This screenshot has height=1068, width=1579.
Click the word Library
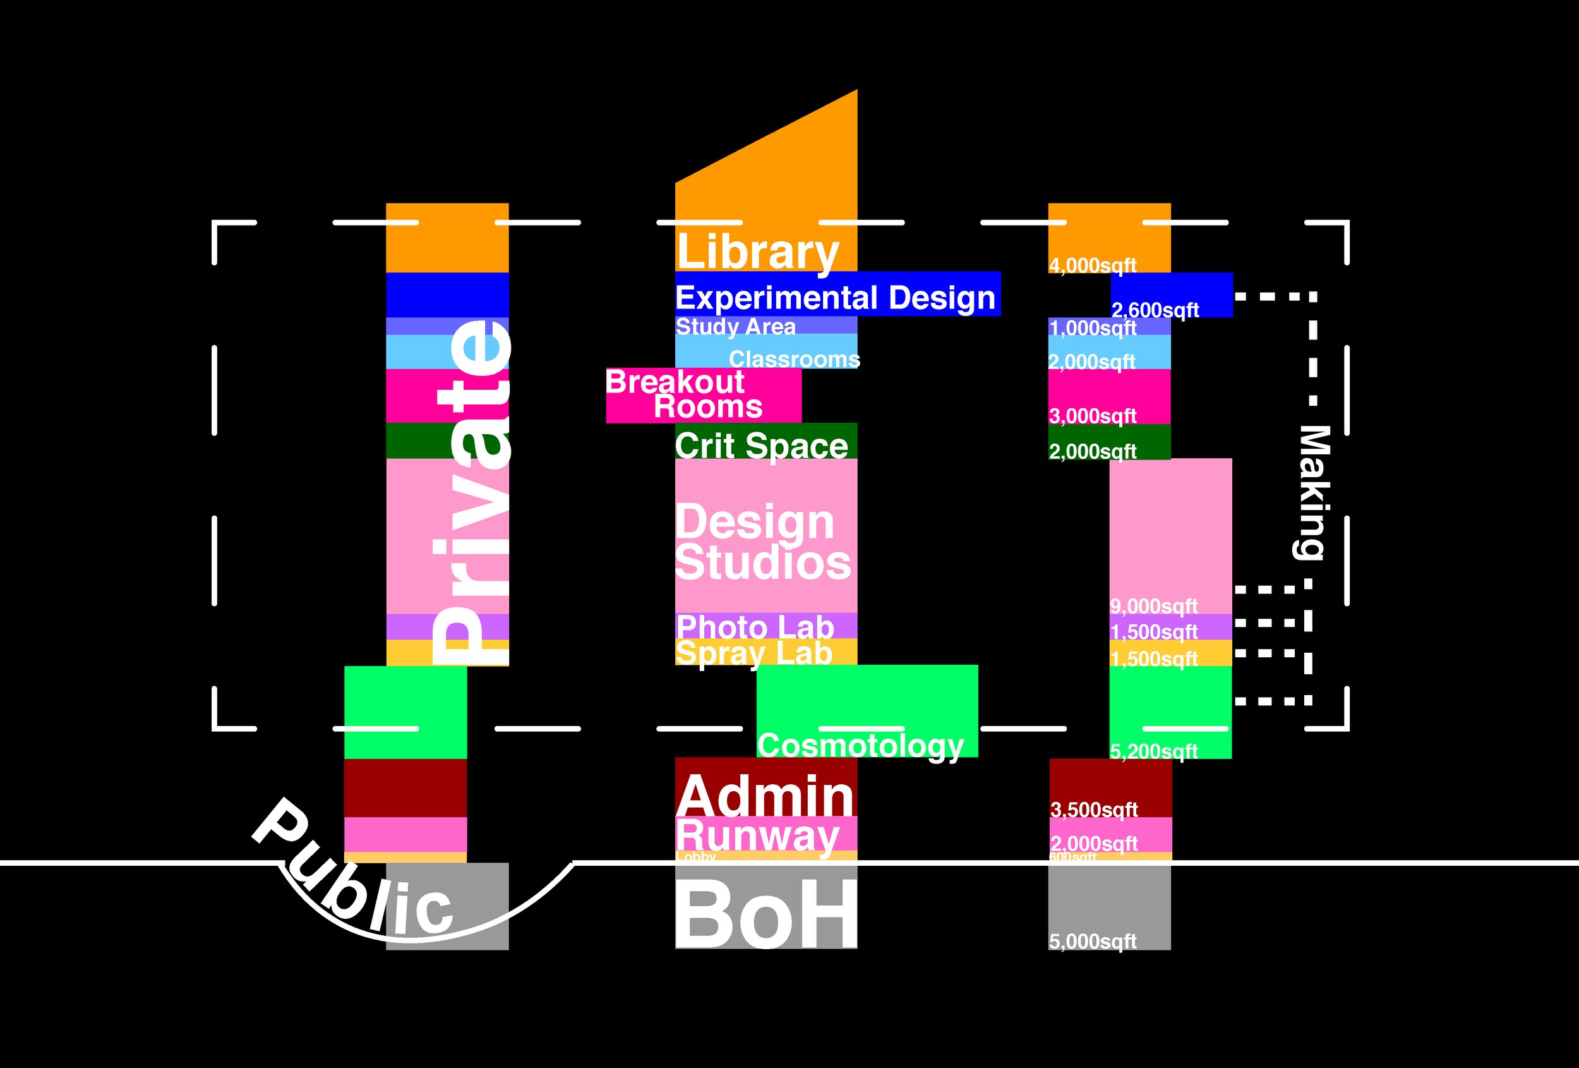click(x=757, y=252)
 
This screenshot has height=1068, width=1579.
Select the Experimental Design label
click(x=835, y=298)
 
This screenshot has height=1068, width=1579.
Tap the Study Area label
click(x=735, y=327)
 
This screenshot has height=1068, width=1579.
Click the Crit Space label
click(x=761, y=446)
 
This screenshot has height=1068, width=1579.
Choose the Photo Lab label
click(x=755, y=627)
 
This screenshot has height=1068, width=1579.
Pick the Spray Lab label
click(x=753, y=653)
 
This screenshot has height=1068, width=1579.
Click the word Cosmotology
click(x=860, y=746)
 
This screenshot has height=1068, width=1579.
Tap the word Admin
click(x=765, y=796)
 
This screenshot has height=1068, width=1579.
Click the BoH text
click(x=765, y=914)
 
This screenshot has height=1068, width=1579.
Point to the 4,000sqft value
click(x=1093, y=265)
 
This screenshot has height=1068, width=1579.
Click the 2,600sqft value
click(x=1155, y=310)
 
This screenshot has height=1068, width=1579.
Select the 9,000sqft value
click(x=1154, y=605)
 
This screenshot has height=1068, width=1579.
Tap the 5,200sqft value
click(x=1154, y=751)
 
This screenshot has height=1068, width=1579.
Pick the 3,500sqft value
click(x=1094, y=810)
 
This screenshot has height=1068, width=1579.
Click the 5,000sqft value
click(x=1093, y=942)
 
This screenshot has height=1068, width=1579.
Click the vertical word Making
click(x=1312, y=493)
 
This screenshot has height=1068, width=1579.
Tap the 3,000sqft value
click(x=1093, y=415)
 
